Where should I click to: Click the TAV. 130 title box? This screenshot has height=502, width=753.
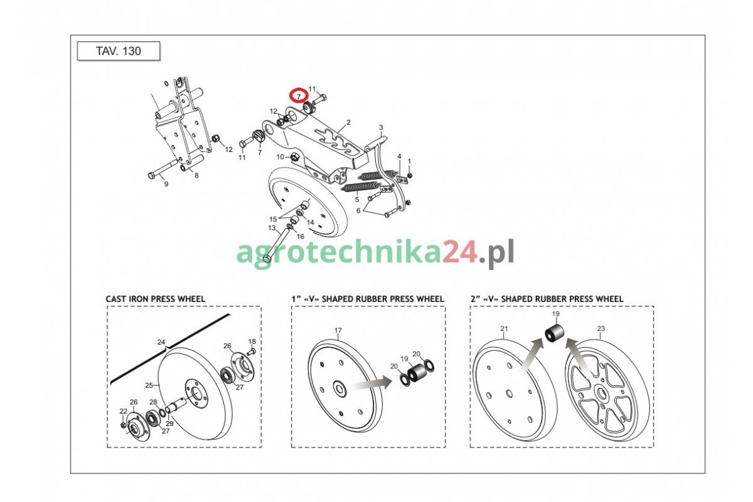click(119, 51)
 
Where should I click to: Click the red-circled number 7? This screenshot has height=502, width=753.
click(299, 97)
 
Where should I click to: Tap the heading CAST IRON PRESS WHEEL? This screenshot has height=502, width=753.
click(156, 299)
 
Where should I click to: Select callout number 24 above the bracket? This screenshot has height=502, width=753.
click(161, 342)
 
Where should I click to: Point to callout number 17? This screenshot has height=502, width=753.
click(338, 331)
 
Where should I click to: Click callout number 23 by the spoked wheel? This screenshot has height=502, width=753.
click(601, 329)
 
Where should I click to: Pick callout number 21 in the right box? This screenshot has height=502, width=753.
click(504, 329)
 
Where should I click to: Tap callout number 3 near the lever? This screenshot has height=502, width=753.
click(381, 127)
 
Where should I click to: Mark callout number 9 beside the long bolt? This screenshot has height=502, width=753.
click(166, 184)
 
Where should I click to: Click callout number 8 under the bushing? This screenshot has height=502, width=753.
click(196, 175)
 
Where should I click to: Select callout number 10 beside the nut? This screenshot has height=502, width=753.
click(280, 157)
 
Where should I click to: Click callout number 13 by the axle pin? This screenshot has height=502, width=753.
click(272, 228)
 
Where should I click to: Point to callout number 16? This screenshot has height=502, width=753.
click(300, 237)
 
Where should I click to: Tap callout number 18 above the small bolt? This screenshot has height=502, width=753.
click(252, 341)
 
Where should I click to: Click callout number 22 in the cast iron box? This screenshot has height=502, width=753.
click(124, 411)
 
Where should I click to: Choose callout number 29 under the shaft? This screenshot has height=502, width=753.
click(169, 424)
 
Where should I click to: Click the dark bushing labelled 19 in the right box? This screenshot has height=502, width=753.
click(554, 333)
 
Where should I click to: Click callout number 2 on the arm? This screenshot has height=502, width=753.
click(348, 122)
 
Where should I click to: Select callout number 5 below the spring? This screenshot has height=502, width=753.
click(356, 200)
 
